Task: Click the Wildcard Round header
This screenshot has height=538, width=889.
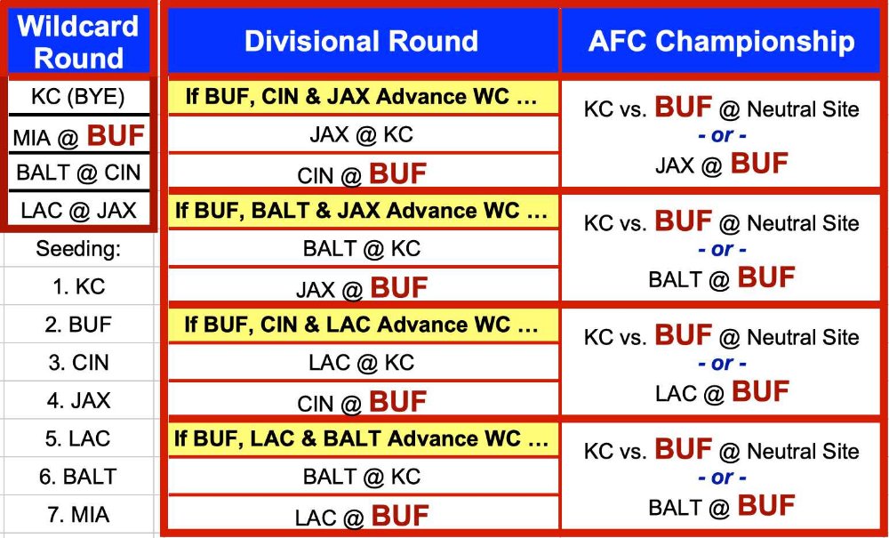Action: pyautogui.click(x=78, y=42)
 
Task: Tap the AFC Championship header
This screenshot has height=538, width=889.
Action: pyautogui.click(x=721, y=41)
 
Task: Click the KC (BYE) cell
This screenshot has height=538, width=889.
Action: pyautogui.click(x=78, y=96)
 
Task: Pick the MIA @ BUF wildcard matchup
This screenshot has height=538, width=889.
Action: pyautogui.click(x=78, y=135)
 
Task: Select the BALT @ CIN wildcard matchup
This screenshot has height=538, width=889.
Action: pyautogui.click(x=78, y=173)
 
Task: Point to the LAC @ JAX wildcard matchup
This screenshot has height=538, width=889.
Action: pyautogui.click(x=78, y=211)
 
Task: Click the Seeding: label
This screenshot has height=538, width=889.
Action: pyautogui.click(x=78, y=249)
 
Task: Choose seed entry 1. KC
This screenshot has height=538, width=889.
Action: pyautogui.click(x=78, y=287)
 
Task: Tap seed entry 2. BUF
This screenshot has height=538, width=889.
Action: pyautogui.click(x=78, y=325)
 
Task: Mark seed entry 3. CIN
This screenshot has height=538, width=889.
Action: pyautogui.click(x=78, y=363)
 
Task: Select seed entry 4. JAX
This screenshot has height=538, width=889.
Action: pyautogui.click(x=78, y=401)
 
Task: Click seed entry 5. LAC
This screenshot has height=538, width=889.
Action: pyautogui.click(x=78, y=438)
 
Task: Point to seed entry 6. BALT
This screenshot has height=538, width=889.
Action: pyautogui.click(x=78, y=477)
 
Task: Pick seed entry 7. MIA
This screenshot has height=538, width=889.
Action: pyautogui.click(x=78, y=515)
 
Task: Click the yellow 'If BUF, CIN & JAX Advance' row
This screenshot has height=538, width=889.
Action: pyautogui.click(x=363, y=97)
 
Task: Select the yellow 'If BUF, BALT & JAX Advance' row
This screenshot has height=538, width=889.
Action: pyautogui.click(x=363, y=211)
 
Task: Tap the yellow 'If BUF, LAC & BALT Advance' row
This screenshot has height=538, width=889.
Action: pyautogui.click(x=363, y=438)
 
